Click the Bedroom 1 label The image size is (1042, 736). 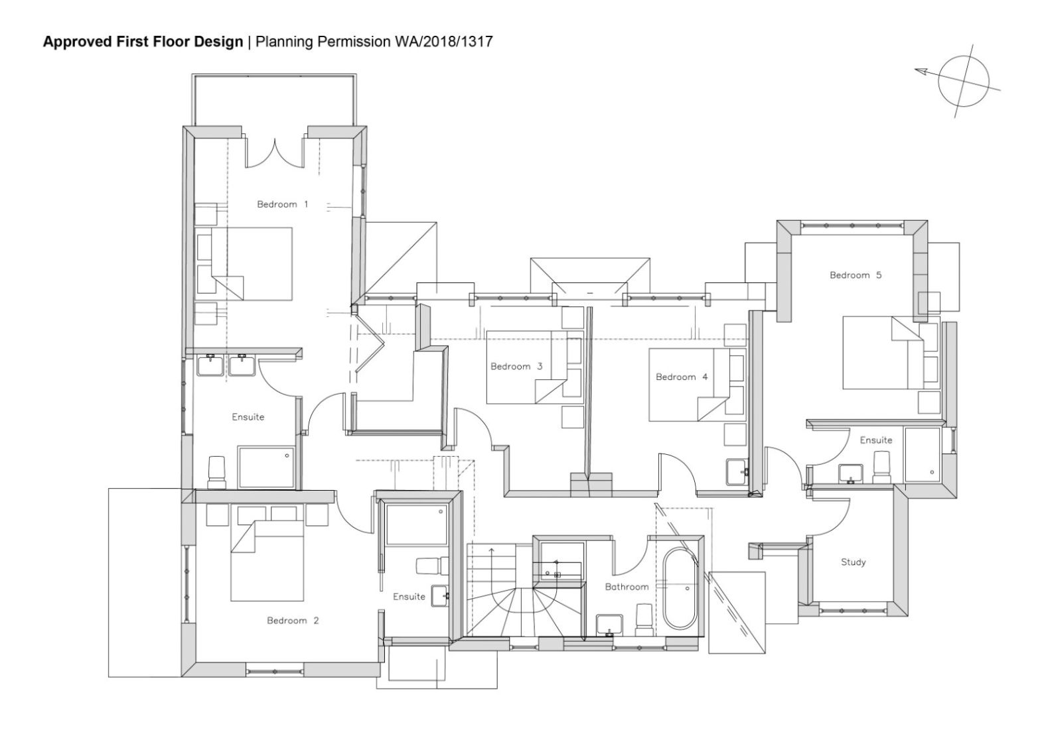282,204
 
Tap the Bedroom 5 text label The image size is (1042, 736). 855,275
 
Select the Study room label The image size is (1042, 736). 853,562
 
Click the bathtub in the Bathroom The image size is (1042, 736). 680,588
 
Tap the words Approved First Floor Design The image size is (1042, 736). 143,42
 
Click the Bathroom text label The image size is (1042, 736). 626,587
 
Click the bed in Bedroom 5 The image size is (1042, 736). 882,353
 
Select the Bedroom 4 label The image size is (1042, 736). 681,377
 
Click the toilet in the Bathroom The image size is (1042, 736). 643,619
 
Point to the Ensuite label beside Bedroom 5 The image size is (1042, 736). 875,440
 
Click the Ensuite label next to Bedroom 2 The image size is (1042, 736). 409,597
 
